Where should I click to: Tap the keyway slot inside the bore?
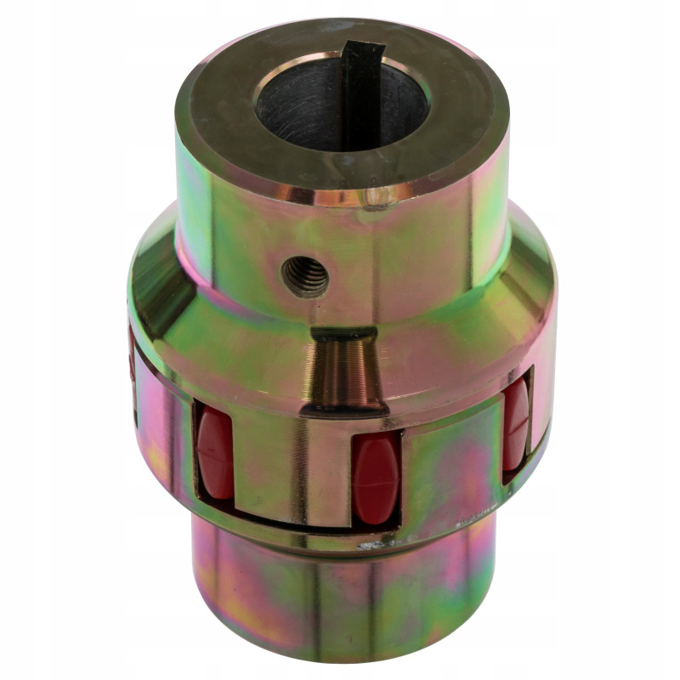click(360, 93)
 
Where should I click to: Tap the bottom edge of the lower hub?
click(340, 654)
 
